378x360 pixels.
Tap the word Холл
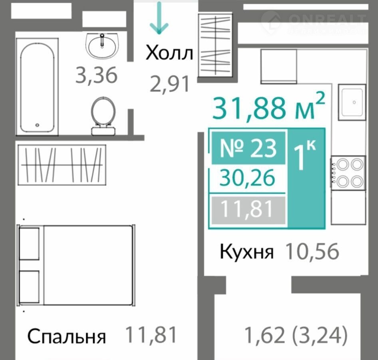point(169,53)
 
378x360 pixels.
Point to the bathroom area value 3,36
point(96,75)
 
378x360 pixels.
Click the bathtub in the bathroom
point(37,87)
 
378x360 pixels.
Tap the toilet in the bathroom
point(103,116)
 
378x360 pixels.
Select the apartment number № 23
point(248,148)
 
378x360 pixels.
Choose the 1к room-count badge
point(305,155)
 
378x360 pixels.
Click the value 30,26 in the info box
point(247,177)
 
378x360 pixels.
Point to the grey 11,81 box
point(248,210)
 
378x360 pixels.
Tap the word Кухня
point(247,252)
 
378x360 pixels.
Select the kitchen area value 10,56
point(312,251)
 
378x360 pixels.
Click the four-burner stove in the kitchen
point(348,173)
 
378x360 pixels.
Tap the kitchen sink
point(352,102)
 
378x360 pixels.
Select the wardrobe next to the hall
point(215,45)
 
